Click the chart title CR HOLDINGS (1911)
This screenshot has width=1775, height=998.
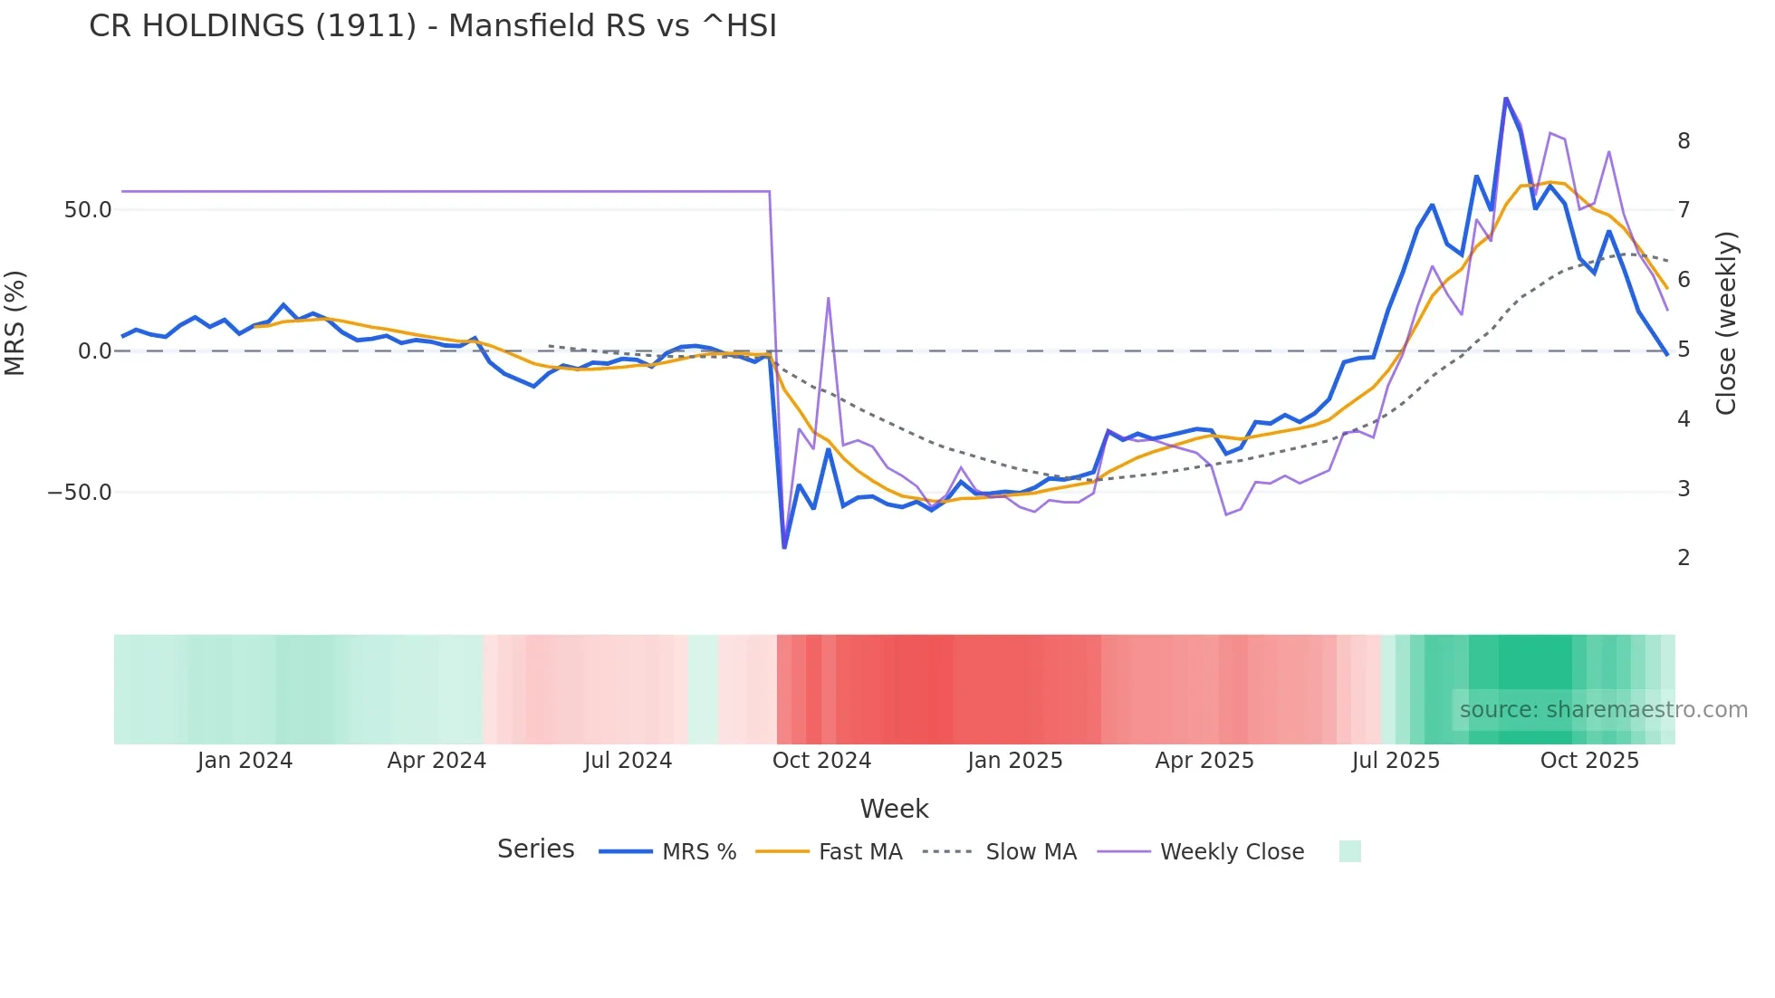coord(433,26)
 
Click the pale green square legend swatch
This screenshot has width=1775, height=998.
coord(1349,851)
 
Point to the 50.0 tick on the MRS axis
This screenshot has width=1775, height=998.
coord(88,210)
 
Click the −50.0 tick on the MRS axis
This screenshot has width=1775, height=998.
coord(80,493)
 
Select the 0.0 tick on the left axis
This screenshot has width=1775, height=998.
coord(94,351)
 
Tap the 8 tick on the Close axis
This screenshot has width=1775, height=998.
coord(1684,141)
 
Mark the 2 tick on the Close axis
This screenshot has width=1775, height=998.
coord(1684,558)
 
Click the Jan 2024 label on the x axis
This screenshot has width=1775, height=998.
coord(245,761)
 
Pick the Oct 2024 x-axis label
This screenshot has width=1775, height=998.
coord(821,761)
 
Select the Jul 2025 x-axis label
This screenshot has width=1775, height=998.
coord(1396,761)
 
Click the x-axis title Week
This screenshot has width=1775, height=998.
coord(894,809)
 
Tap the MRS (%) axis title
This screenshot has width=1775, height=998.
coord(15,322)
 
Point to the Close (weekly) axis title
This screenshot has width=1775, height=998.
coord(1726,323)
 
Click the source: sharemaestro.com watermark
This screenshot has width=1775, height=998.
coord(1603,710)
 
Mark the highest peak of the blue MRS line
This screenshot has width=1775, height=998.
coord(1505,99)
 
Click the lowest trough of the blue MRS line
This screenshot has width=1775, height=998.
coord(784,547)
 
